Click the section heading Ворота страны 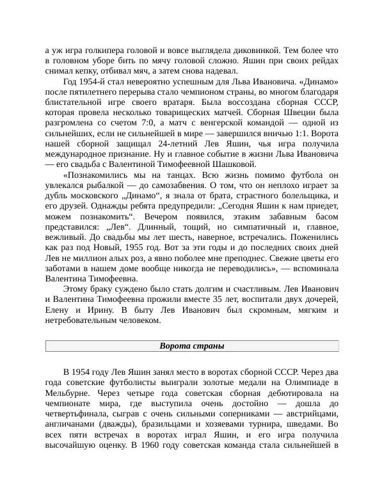[x=191, y=346]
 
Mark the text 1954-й [x=97, y=83]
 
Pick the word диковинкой [x=252, y=49]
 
